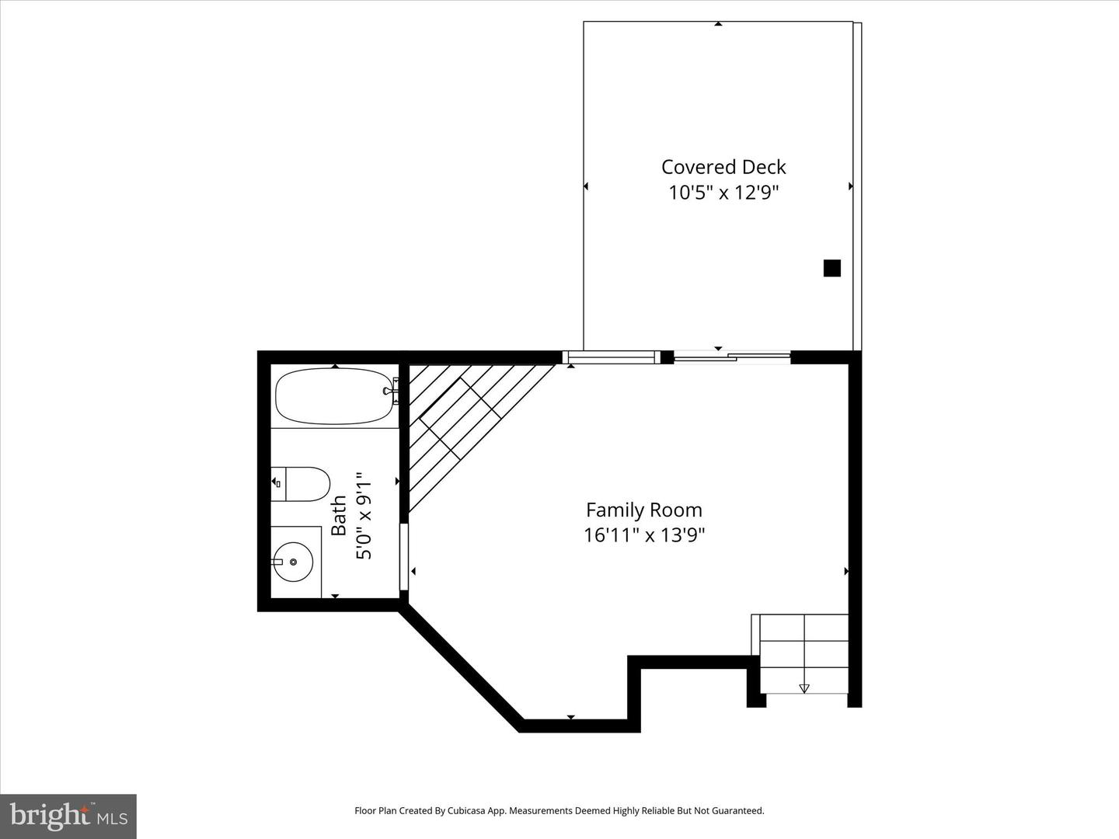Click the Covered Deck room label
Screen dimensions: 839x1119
(723, 167)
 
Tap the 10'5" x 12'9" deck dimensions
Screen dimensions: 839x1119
(723, 193)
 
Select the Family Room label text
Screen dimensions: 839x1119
(643, 510)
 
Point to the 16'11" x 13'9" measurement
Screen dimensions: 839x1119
(644, 535)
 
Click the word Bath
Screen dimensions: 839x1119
(340, 516)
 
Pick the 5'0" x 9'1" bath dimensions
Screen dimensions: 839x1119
(364, 519)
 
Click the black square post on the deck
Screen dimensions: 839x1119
(831, 268)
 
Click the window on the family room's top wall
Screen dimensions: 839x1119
(611, 357)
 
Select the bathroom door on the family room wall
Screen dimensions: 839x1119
(404, 557)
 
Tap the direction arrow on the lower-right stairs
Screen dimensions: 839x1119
(804, 688)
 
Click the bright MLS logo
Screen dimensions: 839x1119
(68, 816)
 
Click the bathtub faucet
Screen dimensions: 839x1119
(391, 391)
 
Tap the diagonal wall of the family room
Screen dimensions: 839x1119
(460, 668)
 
